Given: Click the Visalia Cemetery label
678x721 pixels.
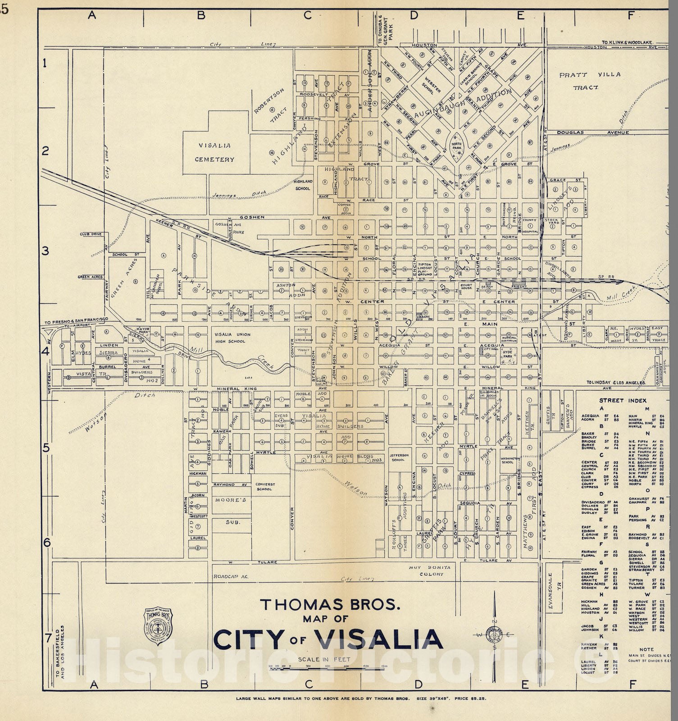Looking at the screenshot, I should coord(214,152).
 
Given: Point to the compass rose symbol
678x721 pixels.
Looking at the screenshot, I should coord(495,634).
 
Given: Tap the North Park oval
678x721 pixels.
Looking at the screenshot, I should coord(456,145).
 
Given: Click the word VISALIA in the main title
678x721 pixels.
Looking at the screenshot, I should coord(378,639).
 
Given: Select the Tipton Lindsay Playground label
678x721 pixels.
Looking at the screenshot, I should coord(424,268).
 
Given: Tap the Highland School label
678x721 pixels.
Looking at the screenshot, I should coord(302,185).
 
